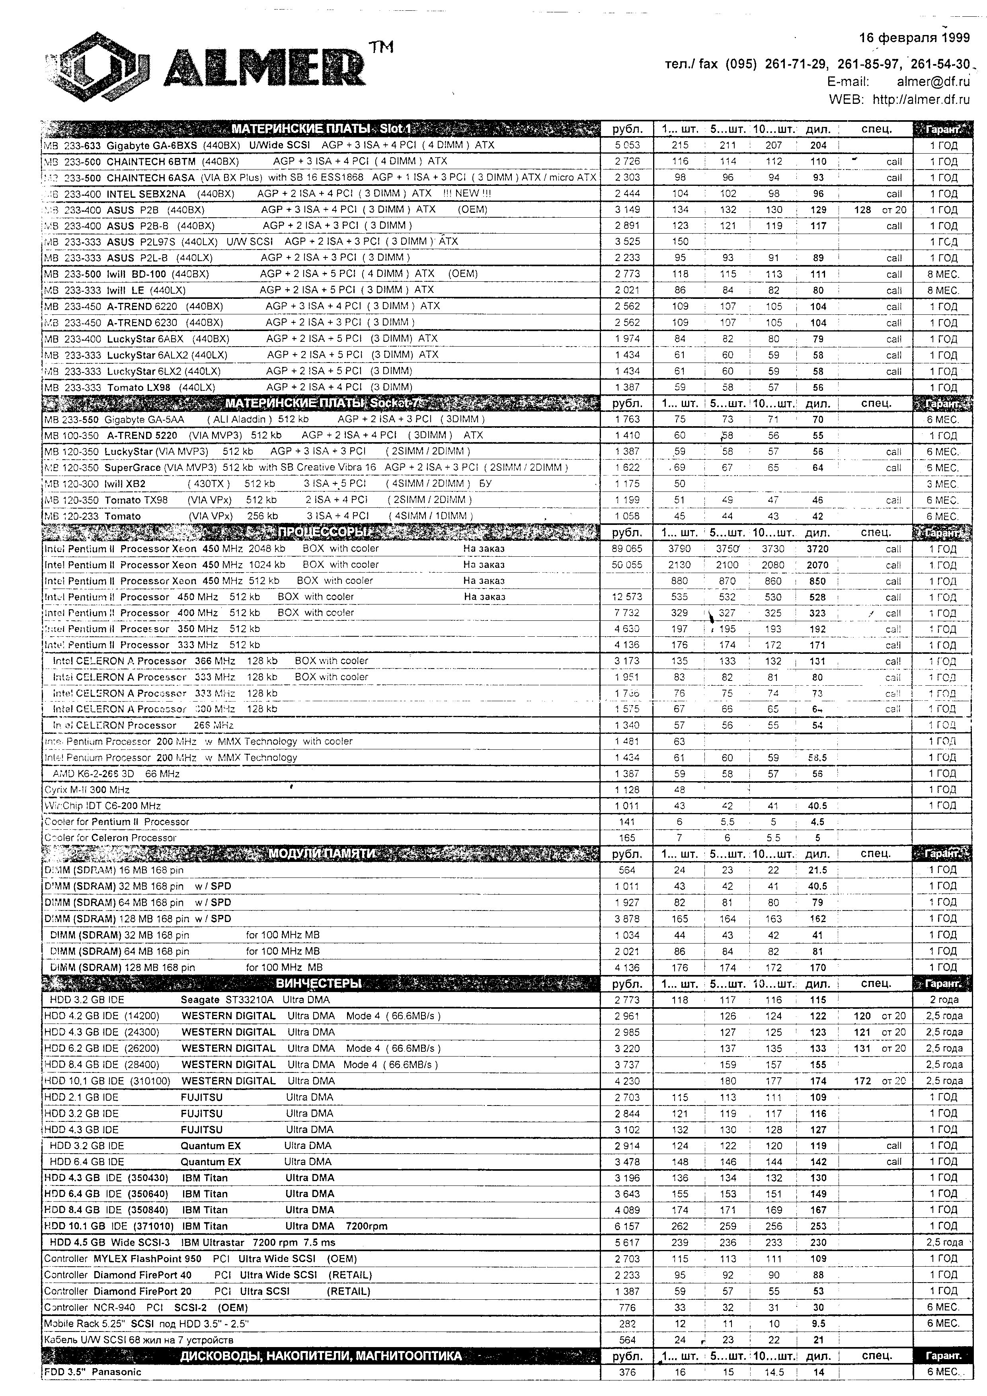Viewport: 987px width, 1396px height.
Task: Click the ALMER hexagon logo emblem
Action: pos(97,68)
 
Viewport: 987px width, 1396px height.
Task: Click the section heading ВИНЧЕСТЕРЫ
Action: pos(319,983)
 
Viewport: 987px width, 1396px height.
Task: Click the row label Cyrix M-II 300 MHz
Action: pos(87,790)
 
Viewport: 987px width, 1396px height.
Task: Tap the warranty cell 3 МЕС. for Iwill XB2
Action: pos(942,484)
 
